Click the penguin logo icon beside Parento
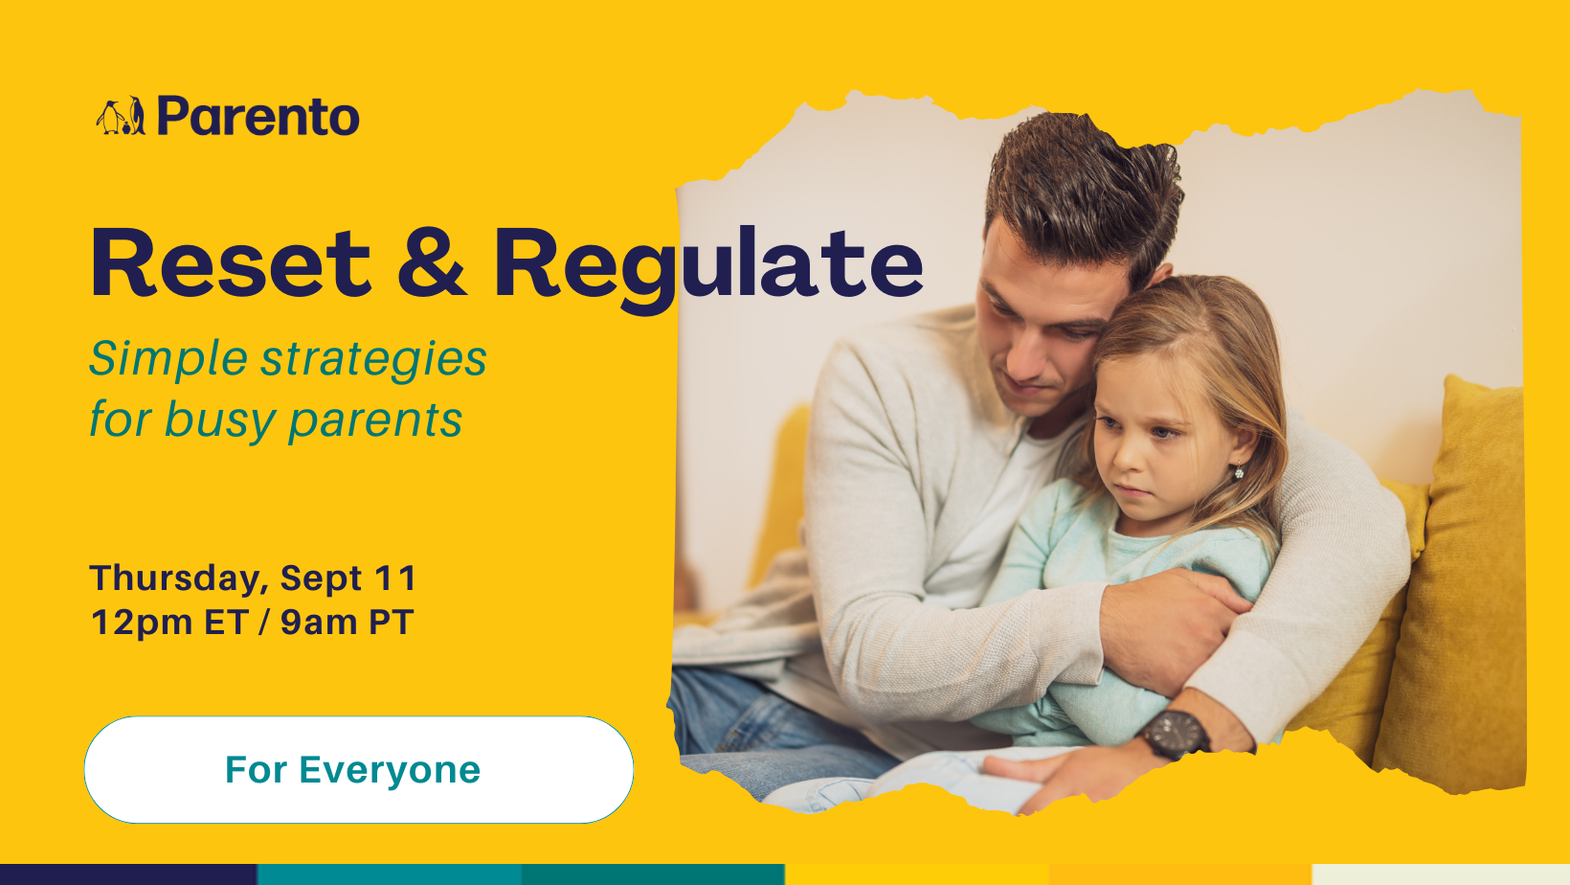click(121, 116)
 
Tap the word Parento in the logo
click(258, 116)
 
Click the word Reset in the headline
click(230, 263)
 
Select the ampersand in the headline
click(432, 263)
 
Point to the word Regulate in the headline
click(707, 270)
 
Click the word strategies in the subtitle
click(373, 360)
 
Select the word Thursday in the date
click(179, 579)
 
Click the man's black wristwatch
click(1177, 734)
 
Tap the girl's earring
click(1239, 471)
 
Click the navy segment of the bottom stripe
click(128, 874)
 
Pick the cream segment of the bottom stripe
click(1441, 874)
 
